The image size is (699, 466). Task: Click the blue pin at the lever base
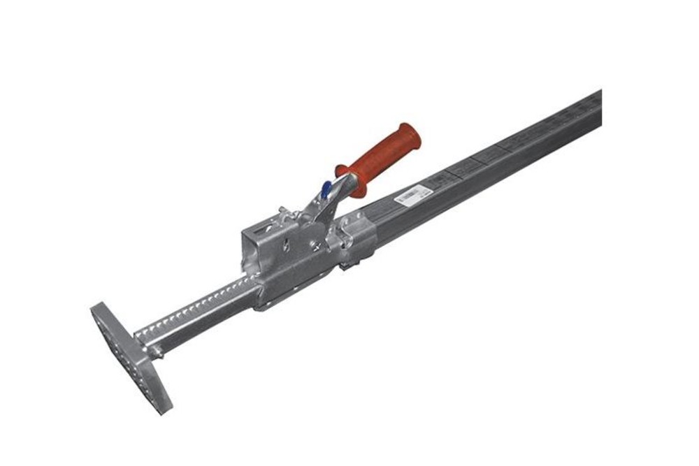coord(326,189)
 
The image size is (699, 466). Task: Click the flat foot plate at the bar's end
coord(129,357)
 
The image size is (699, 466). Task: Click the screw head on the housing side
coord(318,245)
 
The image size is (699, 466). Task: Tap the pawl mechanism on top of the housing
coord(286,214)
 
